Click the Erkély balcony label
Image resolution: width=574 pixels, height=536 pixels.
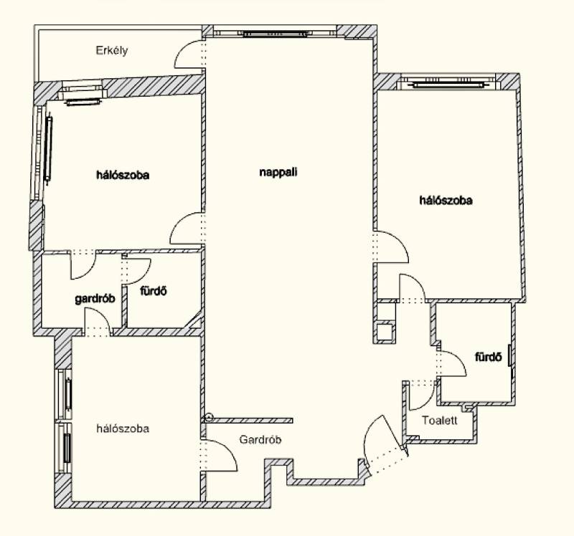(112, 50)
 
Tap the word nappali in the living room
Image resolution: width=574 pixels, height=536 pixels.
(278, 172)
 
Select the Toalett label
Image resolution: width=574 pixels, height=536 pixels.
(439, 420)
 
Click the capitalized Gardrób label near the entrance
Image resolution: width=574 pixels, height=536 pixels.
(260, 439)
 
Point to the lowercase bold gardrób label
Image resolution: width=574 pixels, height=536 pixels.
(95, 299)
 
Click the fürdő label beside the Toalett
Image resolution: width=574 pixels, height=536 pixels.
(489, 357)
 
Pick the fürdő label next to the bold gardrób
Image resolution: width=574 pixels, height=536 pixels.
(154, 291)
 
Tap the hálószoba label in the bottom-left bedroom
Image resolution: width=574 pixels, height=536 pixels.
(123, 429)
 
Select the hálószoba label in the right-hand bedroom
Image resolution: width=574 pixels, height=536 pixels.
(446, 201)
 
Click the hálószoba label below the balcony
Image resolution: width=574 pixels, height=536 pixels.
(123, 175)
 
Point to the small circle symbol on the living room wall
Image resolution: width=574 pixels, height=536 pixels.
(208, 417)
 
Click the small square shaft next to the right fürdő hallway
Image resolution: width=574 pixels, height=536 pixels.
(385, 332)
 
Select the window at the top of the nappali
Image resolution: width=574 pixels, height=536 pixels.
(275, 34)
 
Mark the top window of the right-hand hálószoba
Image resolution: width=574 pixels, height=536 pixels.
(449, 85)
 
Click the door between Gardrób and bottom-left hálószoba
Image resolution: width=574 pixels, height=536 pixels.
(220, 455)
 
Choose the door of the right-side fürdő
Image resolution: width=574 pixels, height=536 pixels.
(451, 363)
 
